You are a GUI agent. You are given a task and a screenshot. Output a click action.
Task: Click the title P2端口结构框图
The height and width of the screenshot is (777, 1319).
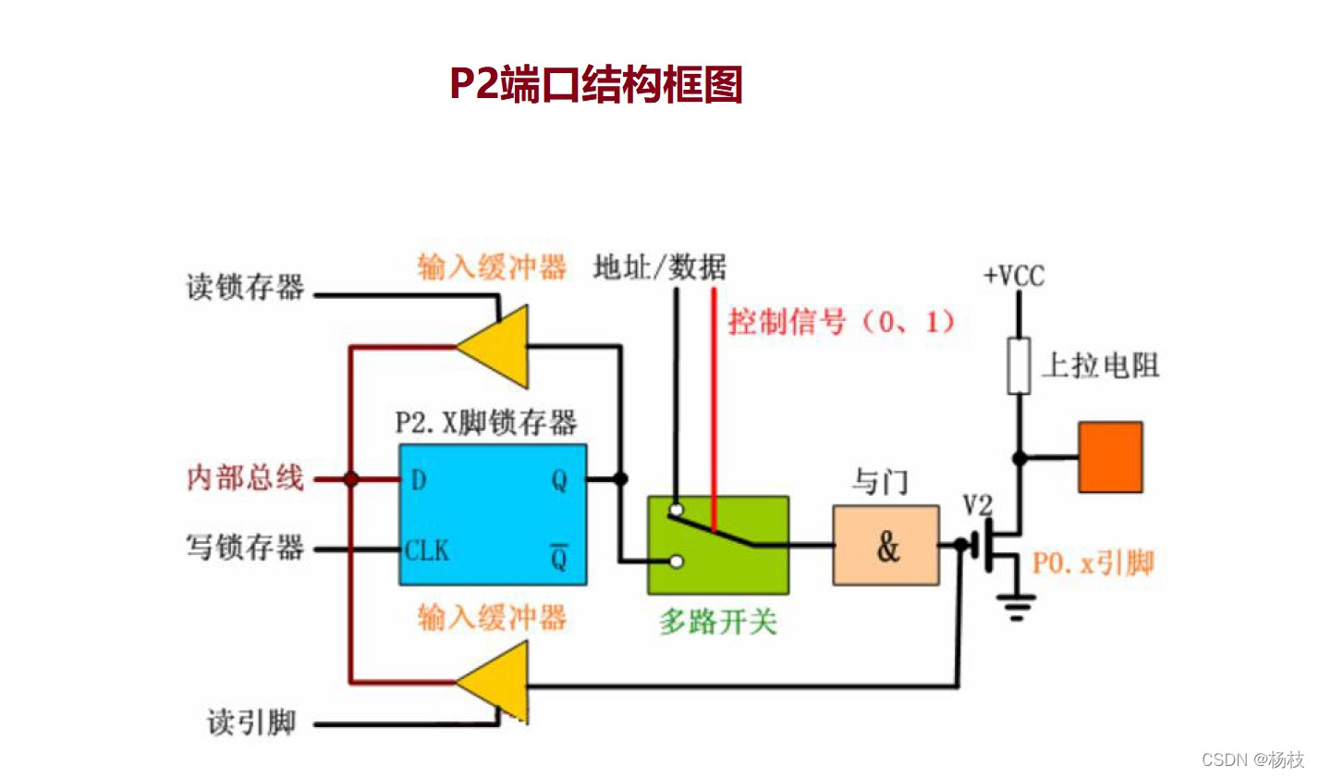596,84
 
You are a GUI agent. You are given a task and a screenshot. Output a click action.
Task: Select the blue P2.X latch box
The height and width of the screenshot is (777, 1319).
492,514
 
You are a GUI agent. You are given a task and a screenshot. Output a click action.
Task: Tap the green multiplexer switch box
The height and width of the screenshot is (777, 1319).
718,545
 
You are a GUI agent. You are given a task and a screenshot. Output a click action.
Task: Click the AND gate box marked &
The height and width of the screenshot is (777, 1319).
885,546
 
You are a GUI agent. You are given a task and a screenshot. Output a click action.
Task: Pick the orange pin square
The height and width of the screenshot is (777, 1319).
1110,457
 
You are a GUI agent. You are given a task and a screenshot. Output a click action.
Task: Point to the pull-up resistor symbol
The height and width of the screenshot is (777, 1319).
1019,365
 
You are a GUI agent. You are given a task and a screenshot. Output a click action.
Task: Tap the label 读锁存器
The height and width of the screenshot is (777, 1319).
245,288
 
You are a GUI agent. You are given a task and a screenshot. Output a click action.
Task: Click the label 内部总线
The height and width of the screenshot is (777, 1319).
245,478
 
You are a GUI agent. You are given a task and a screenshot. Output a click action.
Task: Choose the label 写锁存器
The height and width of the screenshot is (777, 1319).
245,548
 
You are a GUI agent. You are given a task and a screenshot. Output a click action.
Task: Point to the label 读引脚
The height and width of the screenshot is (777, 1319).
251,722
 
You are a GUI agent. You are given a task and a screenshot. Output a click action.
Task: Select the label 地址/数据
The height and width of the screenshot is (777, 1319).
659,267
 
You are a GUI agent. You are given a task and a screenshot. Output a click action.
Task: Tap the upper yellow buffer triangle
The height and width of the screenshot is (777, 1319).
497,347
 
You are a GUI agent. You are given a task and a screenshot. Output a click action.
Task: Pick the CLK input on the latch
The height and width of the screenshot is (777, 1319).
426,550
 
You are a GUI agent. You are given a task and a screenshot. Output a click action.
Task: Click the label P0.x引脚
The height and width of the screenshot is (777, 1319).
1093,562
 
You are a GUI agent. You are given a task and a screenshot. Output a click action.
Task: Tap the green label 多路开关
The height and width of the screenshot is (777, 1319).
717,622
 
